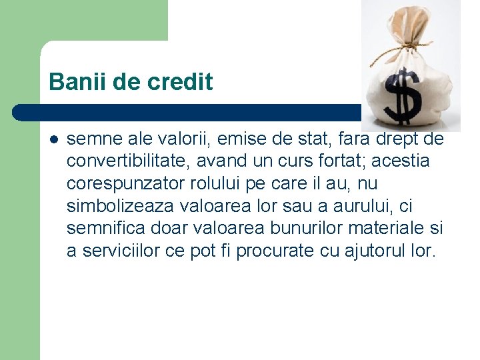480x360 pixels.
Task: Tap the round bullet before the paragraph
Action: point(54,140)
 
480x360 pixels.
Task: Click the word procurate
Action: point(273,251)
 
